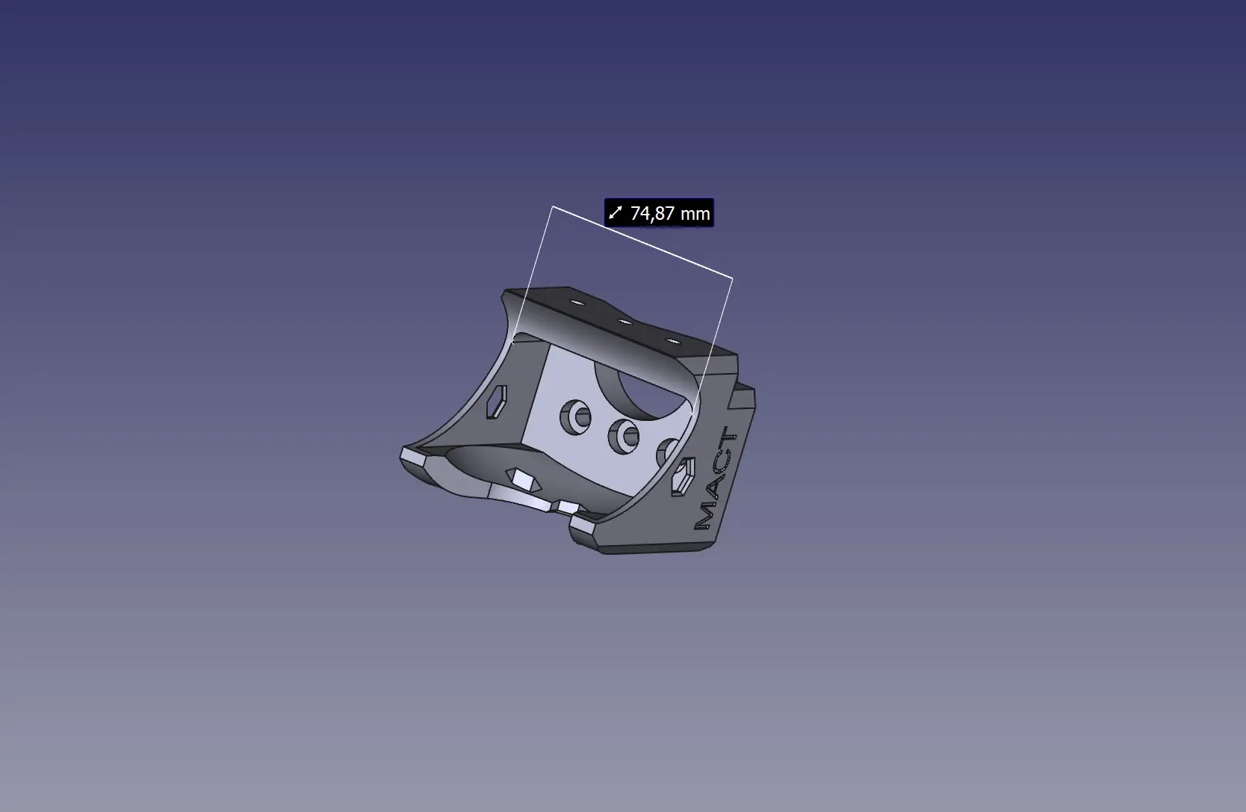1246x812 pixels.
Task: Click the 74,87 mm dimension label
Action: click(x=659, y=213)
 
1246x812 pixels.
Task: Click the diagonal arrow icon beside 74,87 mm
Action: click(x=616, y=213)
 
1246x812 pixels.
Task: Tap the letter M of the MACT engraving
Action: click(x=705, y=515)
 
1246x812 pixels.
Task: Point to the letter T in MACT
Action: click(x=728, y=438)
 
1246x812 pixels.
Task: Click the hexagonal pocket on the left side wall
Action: click(x=497, y=402)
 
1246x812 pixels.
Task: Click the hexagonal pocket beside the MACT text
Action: click(x=684, y=476)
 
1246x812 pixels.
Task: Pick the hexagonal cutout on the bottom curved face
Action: click(x=523, y=479)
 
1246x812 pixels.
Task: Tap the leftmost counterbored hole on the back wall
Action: click(x=576, y=417)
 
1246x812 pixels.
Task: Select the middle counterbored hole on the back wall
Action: click(x=624, y=436)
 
